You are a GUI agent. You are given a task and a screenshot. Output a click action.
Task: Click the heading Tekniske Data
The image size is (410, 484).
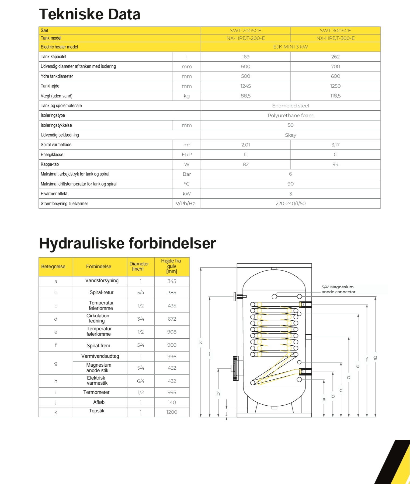pyautogui.click(x=89, y=14)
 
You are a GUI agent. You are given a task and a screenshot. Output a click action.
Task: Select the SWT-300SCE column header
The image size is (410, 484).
pyautogui.click(x=335, y=30)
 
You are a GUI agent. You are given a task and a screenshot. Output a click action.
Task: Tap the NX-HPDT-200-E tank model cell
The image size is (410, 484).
pyautogui.click(x=245, y=38)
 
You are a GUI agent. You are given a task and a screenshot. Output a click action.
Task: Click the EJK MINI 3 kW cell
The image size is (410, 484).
pyautogui.click(x=290, y=47)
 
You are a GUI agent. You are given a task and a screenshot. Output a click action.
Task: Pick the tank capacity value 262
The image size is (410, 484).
pyautogui.click(x=335, y=57)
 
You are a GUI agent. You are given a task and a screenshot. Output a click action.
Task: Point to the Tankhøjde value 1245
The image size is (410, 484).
pyautogui.click(x=245, y=86)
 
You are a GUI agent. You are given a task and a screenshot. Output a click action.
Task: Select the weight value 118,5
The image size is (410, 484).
pyautogui.click(x=335, y=96)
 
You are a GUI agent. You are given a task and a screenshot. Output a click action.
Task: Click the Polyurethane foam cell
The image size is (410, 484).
pyautogui.click(x=290, y=115)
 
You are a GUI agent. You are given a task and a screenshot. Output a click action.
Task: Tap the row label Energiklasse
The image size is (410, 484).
pyautogui.click(x=52, y=155)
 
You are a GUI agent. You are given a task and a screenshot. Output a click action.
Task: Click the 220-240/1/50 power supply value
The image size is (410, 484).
pyautogui.click(x=290, y=204)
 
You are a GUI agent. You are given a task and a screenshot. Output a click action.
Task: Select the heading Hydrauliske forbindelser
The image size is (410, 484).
pyautogui.click(x=127, y=243)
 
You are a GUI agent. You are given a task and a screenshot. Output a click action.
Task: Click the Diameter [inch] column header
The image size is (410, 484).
pyautogui.click(x=139, y=266)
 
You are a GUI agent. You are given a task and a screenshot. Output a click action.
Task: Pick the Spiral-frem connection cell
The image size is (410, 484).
pyautogui.click(x=98, y=346)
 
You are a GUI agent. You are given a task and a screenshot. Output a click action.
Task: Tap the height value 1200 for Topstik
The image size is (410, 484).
pyautogui.click(x=172, y=412)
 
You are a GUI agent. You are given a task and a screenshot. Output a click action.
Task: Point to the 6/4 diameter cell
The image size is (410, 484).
pyautogui.click(x=141, y=381)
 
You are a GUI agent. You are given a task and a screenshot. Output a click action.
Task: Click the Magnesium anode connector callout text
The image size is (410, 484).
pyautogui.click(x=338, y=289)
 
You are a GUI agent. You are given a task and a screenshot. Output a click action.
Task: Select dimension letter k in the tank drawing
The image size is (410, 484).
pyautogui.click(x=201, y=342)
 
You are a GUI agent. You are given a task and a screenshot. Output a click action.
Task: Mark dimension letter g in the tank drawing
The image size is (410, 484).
pyautogui.click(x=375, y=357)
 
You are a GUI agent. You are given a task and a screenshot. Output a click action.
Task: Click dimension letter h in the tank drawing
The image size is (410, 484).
pyautogui.click(x=218, y=394)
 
